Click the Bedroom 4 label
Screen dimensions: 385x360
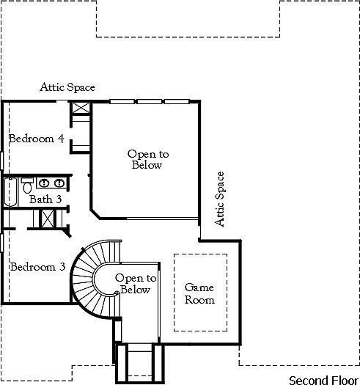point(36,138)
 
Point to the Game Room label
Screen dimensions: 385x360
point(199,294)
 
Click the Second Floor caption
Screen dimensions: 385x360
point(321,380)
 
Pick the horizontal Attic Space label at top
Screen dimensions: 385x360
point(67,87)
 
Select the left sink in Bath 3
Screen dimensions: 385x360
point(44,183)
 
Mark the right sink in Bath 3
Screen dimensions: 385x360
point(58,183)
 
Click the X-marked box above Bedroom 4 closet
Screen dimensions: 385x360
point(80,109)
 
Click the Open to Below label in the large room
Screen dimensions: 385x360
point(147,160)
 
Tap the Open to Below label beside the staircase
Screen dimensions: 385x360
point(136,284)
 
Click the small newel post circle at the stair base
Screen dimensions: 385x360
point(116,294)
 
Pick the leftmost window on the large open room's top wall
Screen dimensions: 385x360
point(120,101)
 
